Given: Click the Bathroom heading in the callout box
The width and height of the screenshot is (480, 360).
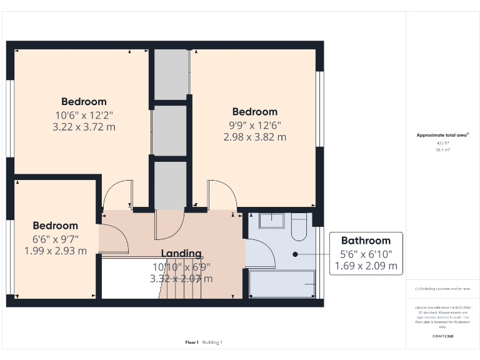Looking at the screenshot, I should pyautogui.click(x=366, y=241).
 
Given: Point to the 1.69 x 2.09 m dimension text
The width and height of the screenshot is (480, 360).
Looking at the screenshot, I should pyautogui.click(x=366, y=266).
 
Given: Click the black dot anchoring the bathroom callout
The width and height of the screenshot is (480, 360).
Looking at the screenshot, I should pyautogui.click(x=295, y=254).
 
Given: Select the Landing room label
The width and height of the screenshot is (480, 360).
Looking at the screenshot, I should pyautogui.click(x=181, y=253).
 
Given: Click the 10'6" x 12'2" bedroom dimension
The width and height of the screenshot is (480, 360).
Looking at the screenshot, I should pyautogui.click(x=84, y=115).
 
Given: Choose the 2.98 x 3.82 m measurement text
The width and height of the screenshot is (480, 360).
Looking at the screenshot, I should pyautogui.click(x=254, y=137).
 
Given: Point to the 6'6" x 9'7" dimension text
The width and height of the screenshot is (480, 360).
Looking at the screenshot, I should pyautogui.click(x=56, y=239).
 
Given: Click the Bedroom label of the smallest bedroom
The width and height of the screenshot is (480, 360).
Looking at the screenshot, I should pyautogui.click(x=56, y=226).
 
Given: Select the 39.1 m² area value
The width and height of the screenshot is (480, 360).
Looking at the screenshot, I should pyautogui.click(x=442, y=150).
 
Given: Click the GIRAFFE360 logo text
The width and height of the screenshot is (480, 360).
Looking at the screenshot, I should pyautogui.click(x=442, y=337).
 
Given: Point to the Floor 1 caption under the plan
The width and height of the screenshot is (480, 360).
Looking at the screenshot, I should pyautogui.click(x=192, y=342).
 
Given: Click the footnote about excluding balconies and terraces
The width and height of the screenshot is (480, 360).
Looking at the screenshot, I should pyautogui.click(x=442, y=289).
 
